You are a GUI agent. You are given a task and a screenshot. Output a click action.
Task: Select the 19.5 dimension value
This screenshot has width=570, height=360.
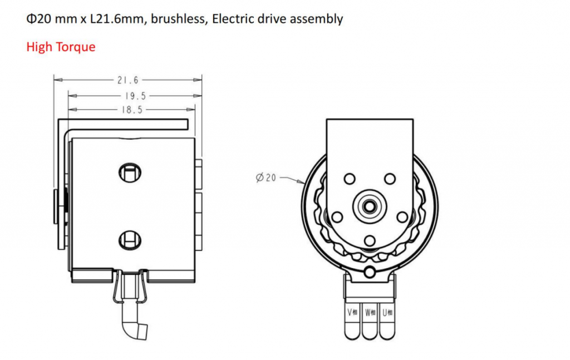point(132,95)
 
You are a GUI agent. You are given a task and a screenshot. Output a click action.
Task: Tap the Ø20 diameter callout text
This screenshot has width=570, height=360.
point(266,178)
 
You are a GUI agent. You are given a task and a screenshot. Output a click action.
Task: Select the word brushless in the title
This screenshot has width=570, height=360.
point(178,19)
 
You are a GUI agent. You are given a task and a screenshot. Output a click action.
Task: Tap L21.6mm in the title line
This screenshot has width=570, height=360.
point(115,19)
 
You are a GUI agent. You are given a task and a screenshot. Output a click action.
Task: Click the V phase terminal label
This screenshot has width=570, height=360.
point(353,312)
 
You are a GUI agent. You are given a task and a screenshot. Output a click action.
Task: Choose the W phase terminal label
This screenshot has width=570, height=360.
point(370,312)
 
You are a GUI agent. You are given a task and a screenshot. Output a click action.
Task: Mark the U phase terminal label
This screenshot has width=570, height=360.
point(387,312)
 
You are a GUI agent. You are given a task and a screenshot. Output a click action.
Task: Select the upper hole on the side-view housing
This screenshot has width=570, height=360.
point(130,172)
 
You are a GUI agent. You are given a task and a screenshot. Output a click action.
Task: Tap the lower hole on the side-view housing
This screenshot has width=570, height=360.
point(130,240)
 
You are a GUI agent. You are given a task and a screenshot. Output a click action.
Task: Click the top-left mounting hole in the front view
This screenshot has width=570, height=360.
point(350,179)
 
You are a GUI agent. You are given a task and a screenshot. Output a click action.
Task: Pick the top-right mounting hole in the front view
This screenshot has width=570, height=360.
point(390,179)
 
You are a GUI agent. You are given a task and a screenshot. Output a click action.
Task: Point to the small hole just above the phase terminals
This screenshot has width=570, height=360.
point(370,272)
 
